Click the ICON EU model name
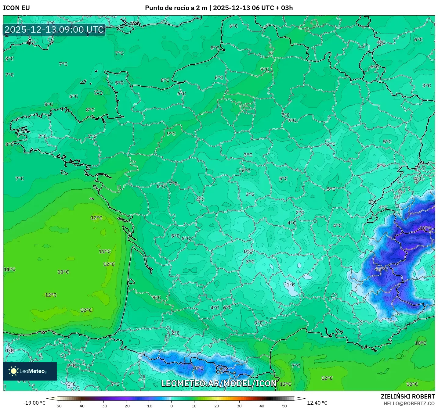16,8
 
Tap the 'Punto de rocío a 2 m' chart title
176,8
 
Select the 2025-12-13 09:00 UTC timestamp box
54,30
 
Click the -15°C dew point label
382,269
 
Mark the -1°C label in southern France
290,285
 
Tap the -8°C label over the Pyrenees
198,368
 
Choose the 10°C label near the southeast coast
420,343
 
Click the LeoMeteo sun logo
13,371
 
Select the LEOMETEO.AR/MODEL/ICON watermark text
219,383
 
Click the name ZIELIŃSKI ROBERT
407,396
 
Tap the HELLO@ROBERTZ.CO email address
409,403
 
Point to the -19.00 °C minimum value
34,403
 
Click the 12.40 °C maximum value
317,403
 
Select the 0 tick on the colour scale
171,406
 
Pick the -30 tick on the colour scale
103,406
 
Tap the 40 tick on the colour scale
262,406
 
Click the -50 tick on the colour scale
58,406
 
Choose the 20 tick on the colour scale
216,406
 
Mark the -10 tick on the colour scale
149,406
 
